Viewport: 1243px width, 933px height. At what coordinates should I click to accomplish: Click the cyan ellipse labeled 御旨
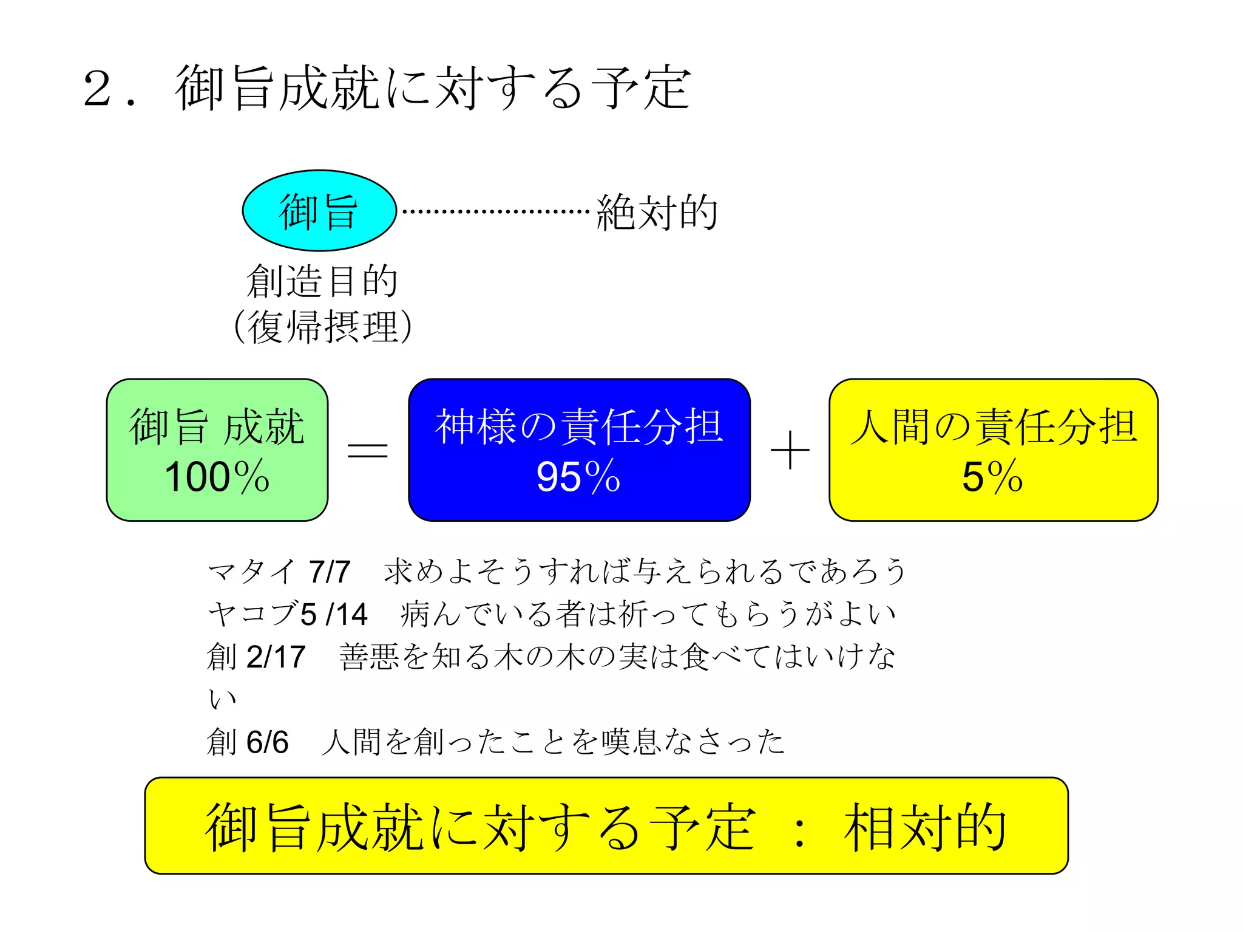[x=319, y=210]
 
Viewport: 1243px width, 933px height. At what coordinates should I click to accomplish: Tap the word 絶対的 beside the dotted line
[x=657, y=212]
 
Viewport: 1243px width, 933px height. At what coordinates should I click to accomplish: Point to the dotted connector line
[x=495, y=211]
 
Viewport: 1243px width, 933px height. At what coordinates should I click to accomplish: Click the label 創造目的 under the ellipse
[x=322, y=281]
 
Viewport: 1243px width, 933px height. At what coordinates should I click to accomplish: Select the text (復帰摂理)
[x=323, y=327]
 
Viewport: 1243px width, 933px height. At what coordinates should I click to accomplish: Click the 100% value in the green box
[x=217, y=477]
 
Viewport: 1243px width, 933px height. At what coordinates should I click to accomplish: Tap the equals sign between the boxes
[x=367, y=450]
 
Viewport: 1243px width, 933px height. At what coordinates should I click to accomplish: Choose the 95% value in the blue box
[x=578, y=477]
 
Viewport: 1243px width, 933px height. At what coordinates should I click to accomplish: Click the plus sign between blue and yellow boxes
[x=790, y=450]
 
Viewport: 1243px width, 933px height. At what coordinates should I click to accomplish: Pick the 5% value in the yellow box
[x=993, y=477]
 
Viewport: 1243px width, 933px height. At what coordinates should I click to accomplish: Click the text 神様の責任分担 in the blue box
[x=579, y=426]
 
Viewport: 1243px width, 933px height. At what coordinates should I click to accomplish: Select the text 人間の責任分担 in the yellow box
[x=993, y=426]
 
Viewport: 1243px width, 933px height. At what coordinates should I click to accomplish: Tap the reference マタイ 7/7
[x=279, y=572]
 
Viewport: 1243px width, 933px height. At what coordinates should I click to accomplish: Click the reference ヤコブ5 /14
[x=288, y=614]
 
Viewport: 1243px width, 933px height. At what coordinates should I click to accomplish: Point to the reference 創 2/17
[x=256, y=657]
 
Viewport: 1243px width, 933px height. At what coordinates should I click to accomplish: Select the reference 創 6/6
[x=248, y=742]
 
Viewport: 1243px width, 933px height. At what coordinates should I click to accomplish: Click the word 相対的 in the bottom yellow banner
[x=925, y=827]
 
